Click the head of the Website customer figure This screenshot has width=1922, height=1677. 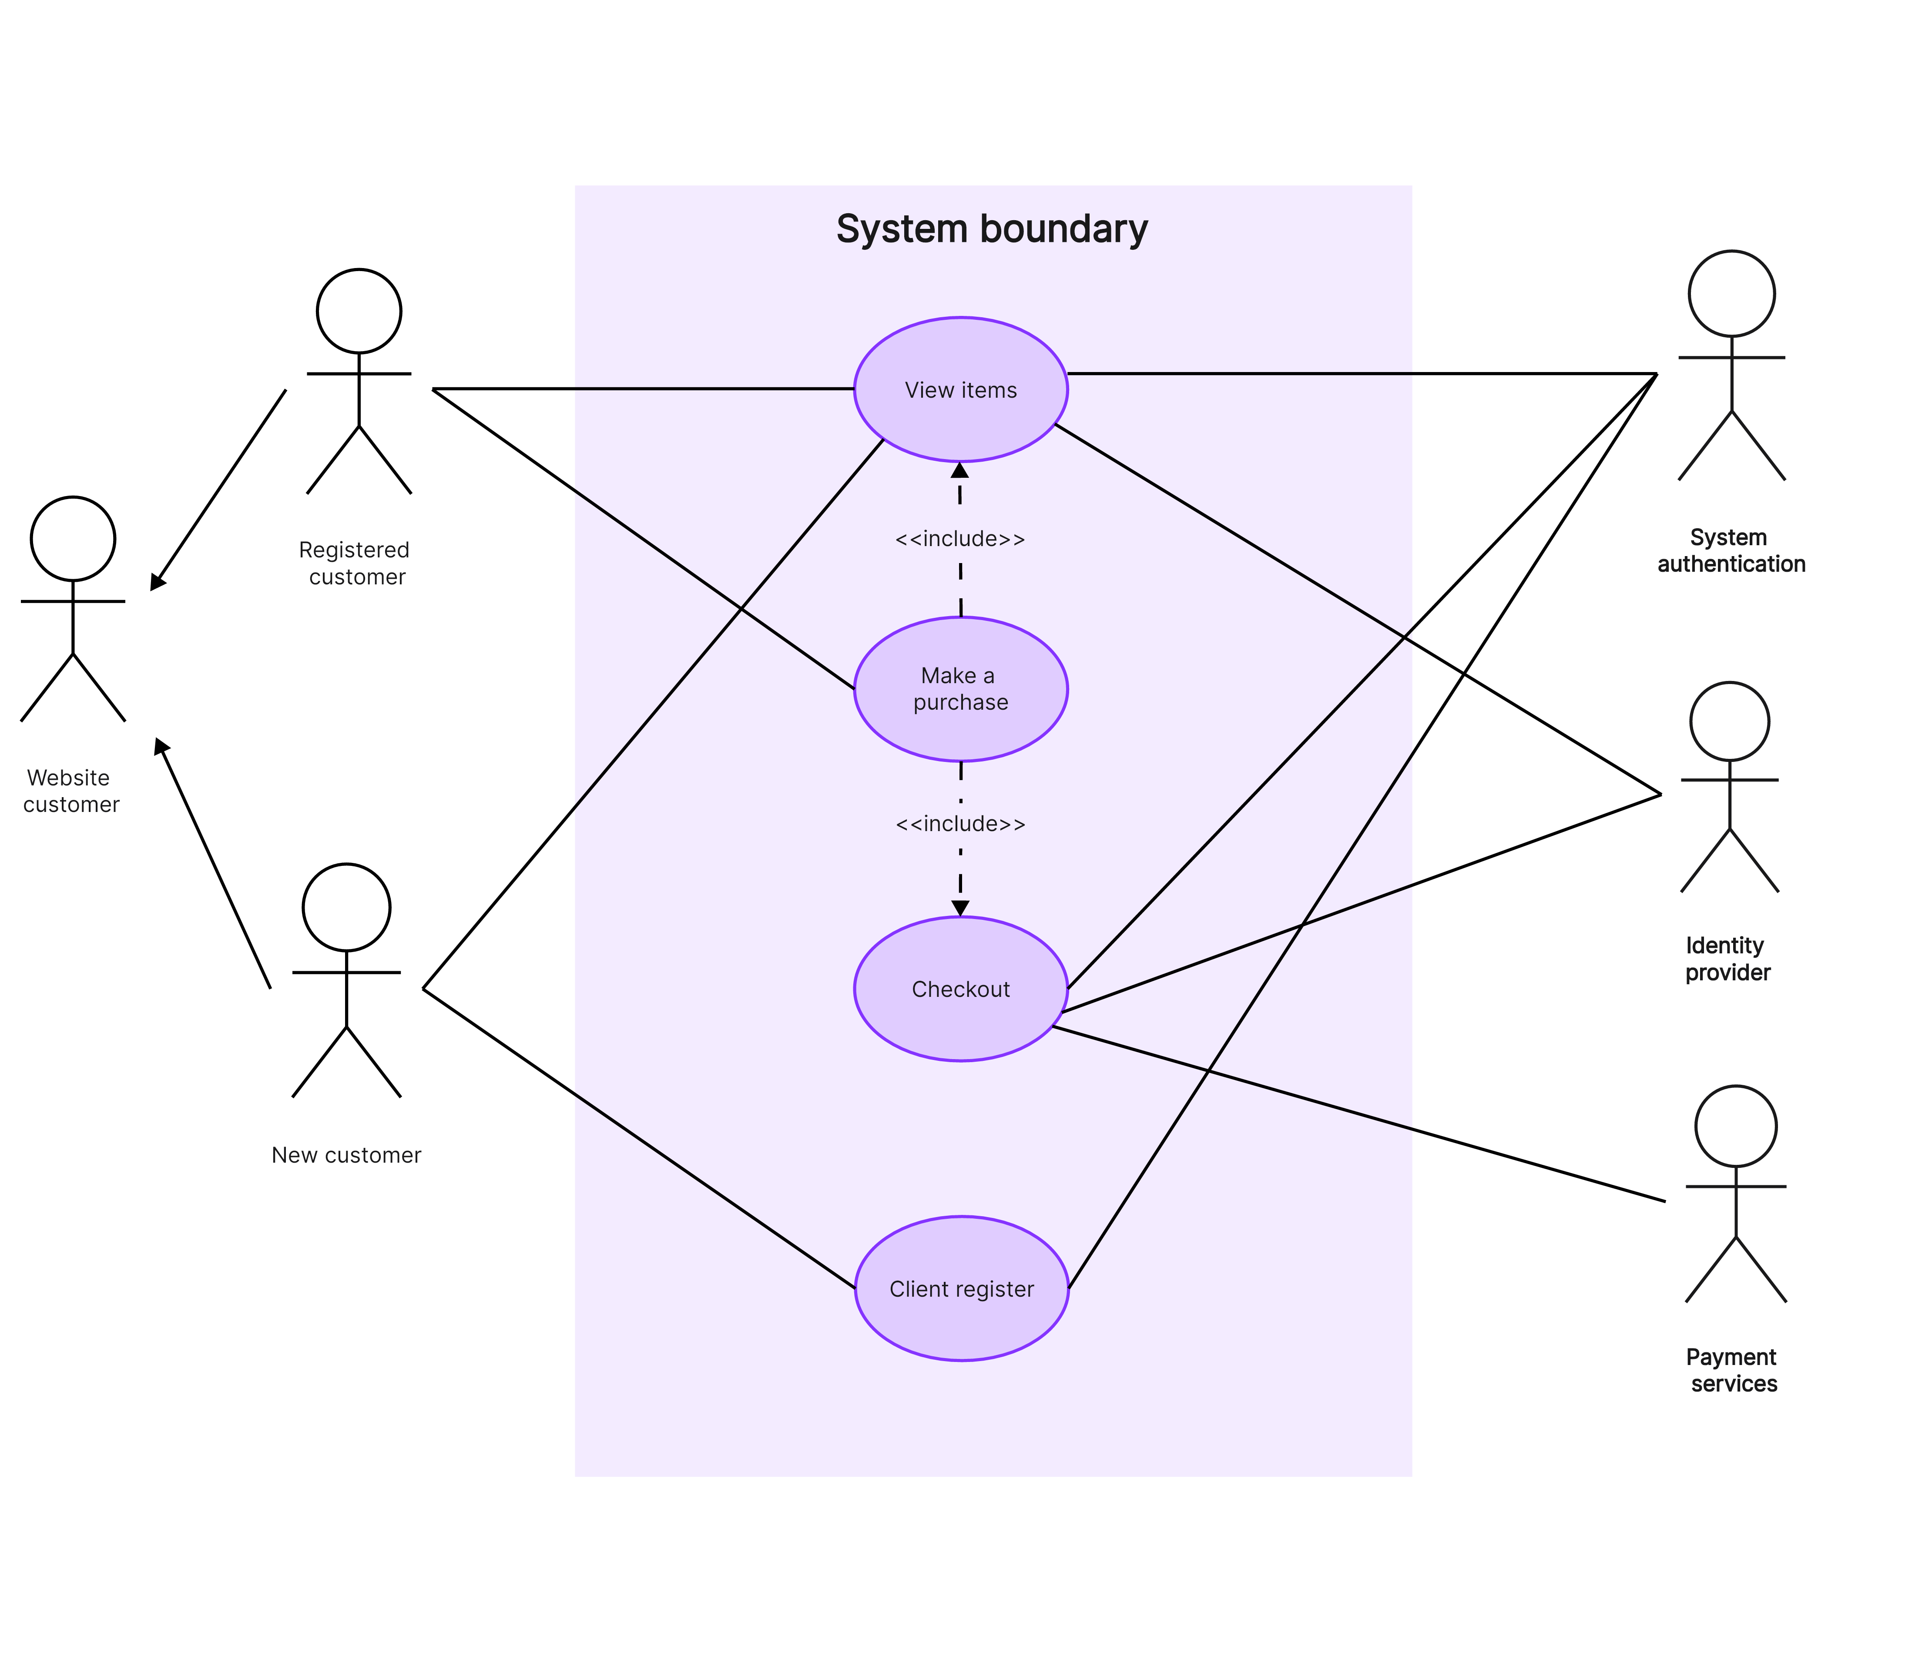tap(73, 539)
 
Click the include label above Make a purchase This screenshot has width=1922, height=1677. tap(960, 539)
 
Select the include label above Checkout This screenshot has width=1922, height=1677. tap(960, 824)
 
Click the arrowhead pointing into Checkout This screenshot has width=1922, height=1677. tap(960, 908)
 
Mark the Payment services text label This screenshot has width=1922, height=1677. tap(1732, 1370)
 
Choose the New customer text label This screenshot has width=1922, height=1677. tap(346, 1155)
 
